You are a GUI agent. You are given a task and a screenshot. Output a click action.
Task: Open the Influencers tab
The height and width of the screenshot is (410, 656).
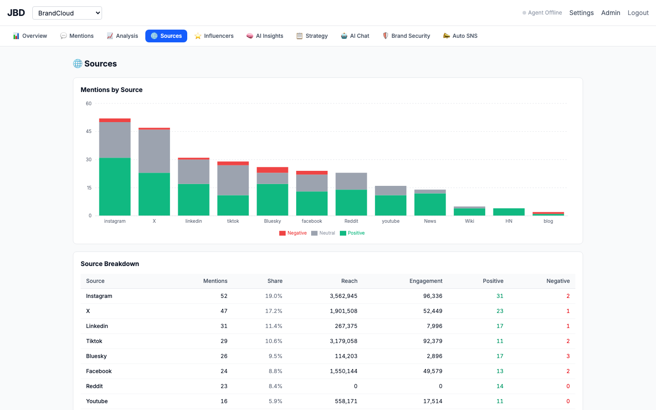pos(214,36)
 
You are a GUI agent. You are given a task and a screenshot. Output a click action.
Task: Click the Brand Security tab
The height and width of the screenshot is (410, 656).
pos(406,36)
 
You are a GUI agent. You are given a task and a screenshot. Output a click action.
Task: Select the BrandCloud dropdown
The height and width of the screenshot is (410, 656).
pos(67,13)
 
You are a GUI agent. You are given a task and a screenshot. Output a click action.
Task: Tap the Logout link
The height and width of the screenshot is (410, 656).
pos(638,13)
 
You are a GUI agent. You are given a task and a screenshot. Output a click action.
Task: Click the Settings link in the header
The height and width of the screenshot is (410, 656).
pos(581,13)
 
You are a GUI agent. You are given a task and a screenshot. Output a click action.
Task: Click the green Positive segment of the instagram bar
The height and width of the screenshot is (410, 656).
pos(115,187)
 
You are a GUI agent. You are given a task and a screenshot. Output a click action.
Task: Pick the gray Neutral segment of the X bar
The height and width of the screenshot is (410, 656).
pos(154,151)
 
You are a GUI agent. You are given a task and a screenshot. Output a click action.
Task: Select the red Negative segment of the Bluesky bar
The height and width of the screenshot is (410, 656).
pos(272,170)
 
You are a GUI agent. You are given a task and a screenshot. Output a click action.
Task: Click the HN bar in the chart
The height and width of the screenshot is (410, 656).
pos(509,212)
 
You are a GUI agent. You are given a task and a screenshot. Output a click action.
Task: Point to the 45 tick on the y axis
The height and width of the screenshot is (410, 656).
pos(88,132)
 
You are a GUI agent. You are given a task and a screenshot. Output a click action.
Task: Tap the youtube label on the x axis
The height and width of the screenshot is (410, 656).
pos(391,221)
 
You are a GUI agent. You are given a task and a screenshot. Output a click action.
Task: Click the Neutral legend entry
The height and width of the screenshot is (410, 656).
pos(323,233)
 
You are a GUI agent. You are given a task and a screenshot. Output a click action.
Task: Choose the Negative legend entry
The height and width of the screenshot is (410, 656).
pos(293,233)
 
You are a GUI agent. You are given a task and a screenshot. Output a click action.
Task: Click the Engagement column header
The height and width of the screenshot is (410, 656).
pos(426,281)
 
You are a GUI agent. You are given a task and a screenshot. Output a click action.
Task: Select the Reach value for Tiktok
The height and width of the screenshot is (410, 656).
pos(343,341)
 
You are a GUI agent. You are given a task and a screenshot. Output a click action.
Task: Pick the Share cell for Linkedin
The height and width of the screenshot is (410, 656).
pos(273,326)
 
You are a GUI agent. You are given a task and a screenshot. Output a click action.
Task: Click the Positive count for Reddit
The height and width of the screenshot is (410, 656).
pos(500,386)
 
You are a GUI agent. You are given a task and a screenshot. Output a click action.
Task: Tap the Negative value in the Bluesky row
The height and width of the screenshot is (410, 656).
pos(568,356)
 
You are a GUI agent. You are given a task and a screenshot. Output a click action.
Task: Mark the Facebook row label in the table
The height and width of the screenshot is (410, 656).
pos(99,371)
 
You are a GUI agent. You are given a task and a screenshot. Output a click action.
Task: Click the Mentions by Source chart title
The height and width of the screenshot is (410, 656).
pos(112,90)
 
